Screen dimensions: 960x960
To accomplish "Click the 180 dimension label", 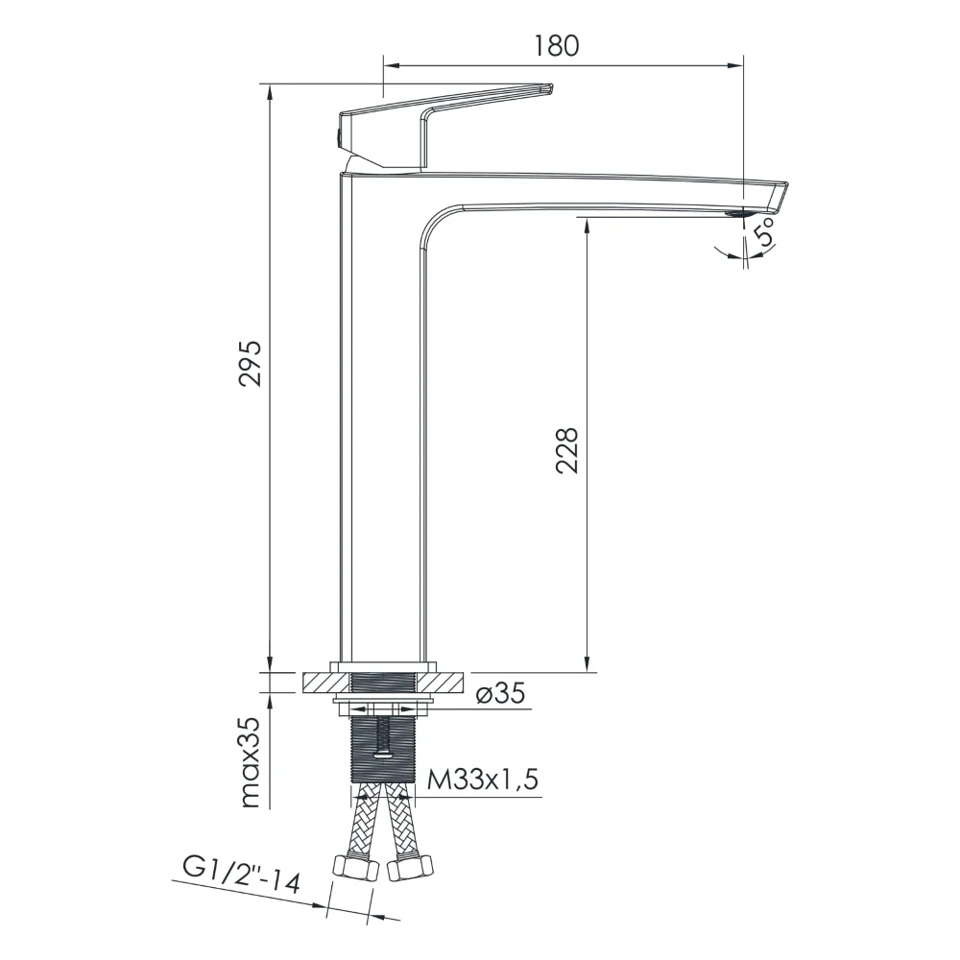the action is pyautogui.click(x=556, y=46).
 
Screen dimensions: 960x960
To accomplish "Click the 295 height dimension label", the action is pyautogui.click(x=251, y=363).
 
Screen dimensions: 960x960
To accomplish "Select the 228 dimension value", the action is pyautogui.click(x=567, y=450).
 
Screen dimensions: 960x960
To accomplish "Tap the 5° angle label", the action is pyautogui.click(x=765, y=232).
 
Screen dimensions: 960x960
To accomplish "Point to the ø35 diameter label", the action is pyautogui.click(x=500, y=693).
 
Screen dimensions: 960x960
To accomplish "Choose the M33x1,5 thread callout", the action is pyautogui.click(x=483, y=780).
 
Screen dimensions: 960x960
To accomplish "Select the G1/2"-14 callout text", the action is pyautogui.click(x=242, y=875).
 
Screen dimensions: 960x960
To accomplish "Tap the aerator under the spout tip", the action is pyautogui.click(x=735, y=213).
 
